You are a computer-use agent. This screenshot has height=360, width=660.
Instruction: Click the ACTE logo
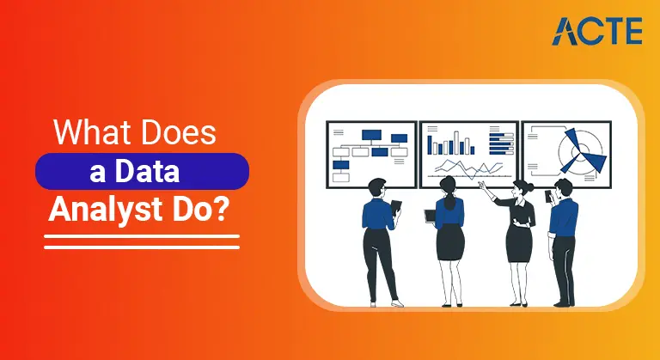[597, 30]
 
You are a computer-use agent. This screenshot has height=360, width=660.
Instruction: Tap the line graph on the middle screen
[459, 168]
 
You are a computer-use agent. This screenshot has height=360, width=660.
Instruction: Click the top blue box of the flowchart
[371, 135]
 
